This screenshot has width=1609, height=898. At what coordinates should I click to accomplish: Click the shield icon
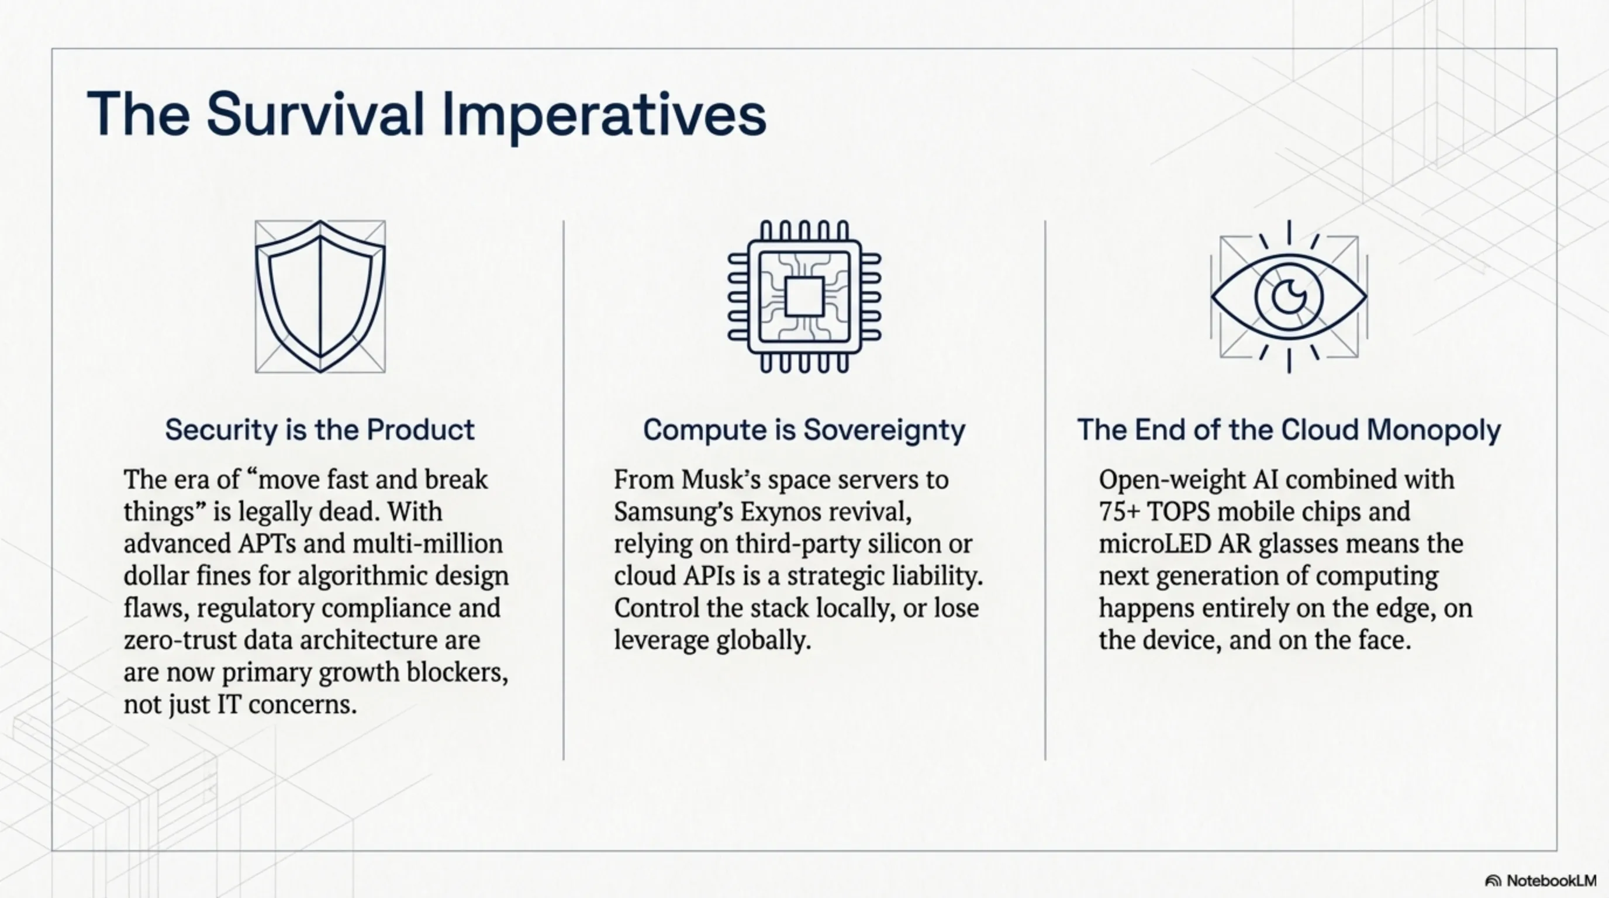point(320,296)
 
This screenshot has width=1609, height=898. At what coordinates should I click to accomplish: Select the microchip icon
point(804,296)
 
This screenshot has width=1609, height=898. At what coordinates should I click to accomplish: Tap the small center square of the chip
point(804,296)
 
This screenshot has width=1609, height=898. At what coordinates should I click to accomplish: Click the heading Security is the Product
point(320,430)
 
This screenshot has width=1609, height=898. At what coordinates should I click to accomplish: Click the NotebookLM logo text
point(1551,880)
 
